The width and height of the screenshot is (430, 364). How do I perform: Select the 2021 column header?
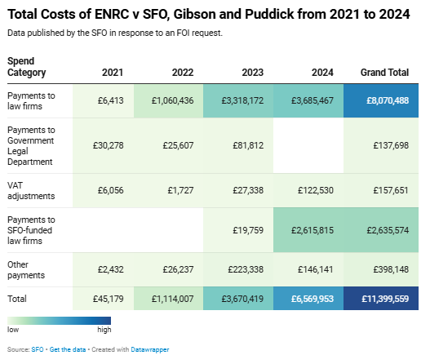(x=113, y=73)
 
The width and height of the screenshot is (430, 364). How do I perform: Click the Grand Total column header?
(x=384, y=73)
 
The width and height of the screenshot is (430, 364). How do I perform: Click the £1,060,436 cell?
(x=172, y=101)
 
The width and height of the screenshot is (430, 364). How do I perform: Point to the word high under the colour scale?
(x=104, y=331)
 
